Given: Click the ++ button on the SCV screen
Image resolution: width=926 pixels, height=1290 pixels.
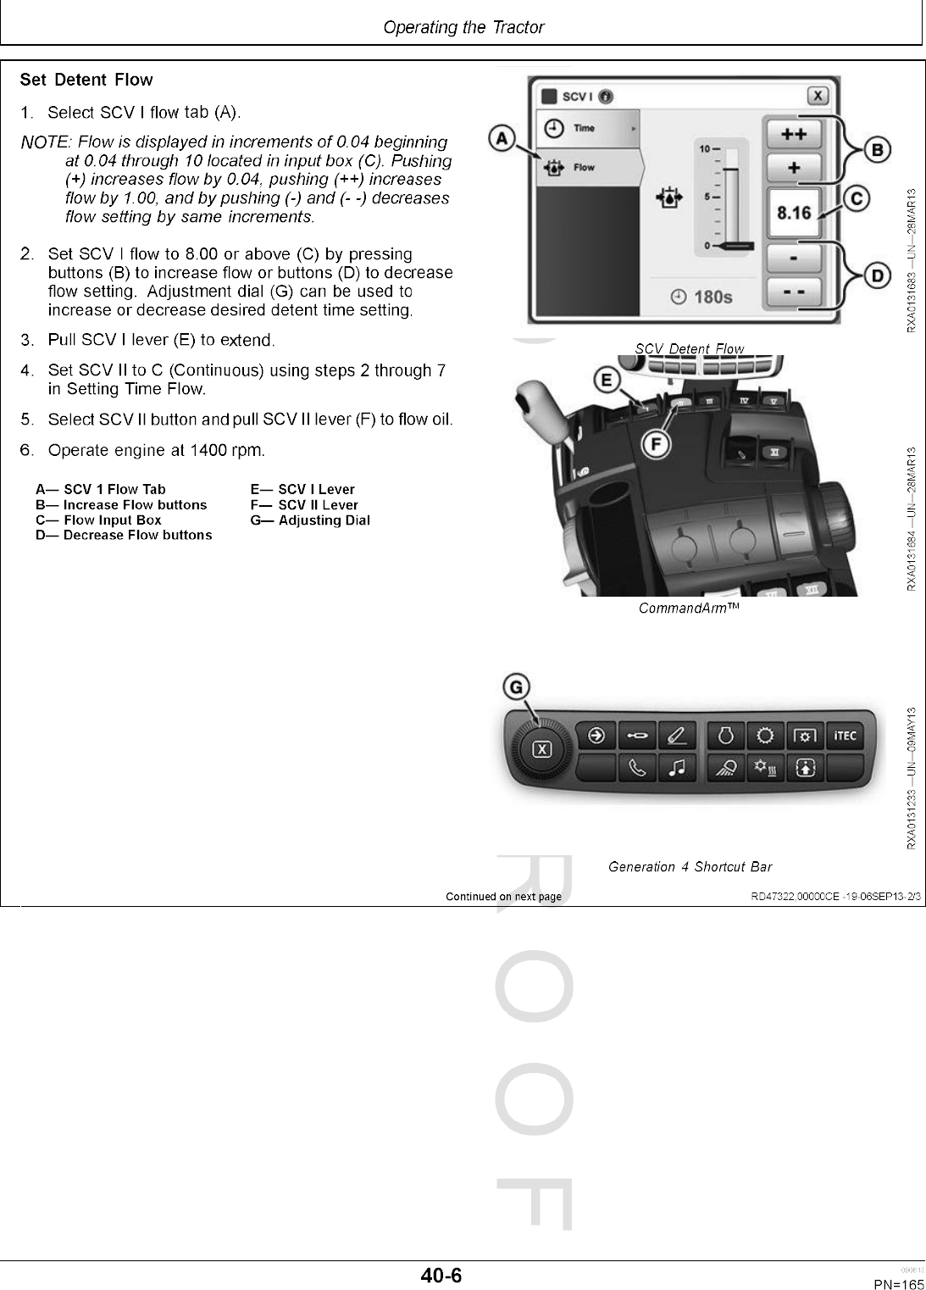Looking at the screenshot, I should tap(793, 134).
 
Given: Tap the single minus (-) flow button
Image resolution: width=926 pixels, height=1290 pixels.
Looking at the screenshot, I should tap(793, 256).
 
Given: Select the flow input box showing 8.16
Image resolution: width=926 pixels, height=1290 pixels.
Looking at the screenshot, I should tap(794, 213).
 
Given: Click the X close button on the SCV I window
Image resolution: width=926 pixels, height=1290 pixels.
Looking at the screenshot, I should tap(818, 96).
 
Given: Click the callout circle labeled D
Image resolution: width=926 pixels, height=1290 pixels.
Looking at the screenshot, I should tap(877, 275).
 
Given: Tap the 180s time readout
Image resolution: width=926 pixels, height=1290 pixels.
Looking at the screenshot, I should tap(702, 297).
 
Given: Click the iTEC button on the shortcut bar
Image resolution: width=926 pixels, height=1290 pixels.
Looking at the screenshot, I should tap(845, 736).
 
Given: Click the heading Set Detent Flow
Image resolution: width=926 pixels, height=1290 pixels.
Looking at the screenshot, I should tap(86, 81).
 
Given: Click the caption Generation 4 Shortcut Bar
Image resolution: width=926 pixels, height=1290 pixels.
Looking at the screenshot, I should tap(690, 866).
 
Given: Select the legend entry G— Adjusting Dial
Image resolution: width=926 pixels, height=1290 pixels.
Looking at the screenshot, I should tap(310, 520).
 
